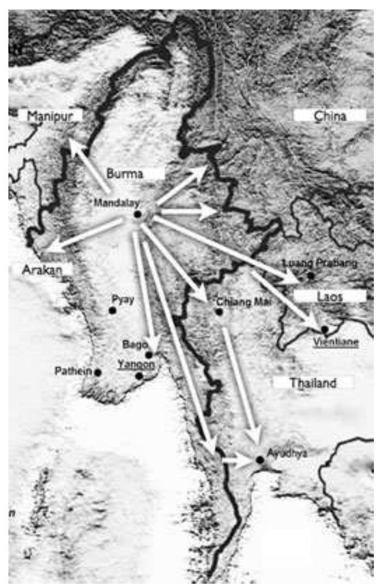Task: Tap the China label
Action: [x=330, y=116]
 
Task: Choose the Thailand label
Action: [x=313, y=383]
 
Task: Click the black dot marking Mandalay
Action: [x=137, y=214]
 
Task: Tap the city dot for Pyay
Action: [x=112, y=310]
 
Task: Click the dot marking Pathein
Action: [x=98, y=372]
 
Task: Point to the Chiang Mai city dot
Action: [x=219, y=311]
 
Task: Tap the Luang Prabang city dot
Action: [x=311, y=275]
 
